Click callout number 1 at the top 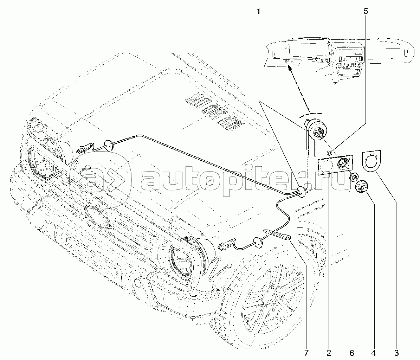click(x=258, y=12)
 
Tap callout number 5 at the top click(x=366, y=12)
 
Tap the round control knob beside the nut click(x=362, y=187)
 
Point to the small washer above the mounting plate click(x=330, y=153)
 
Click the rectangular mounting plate click(x=335, y=165)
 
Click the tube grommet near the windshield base click(x=303, y=192)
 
